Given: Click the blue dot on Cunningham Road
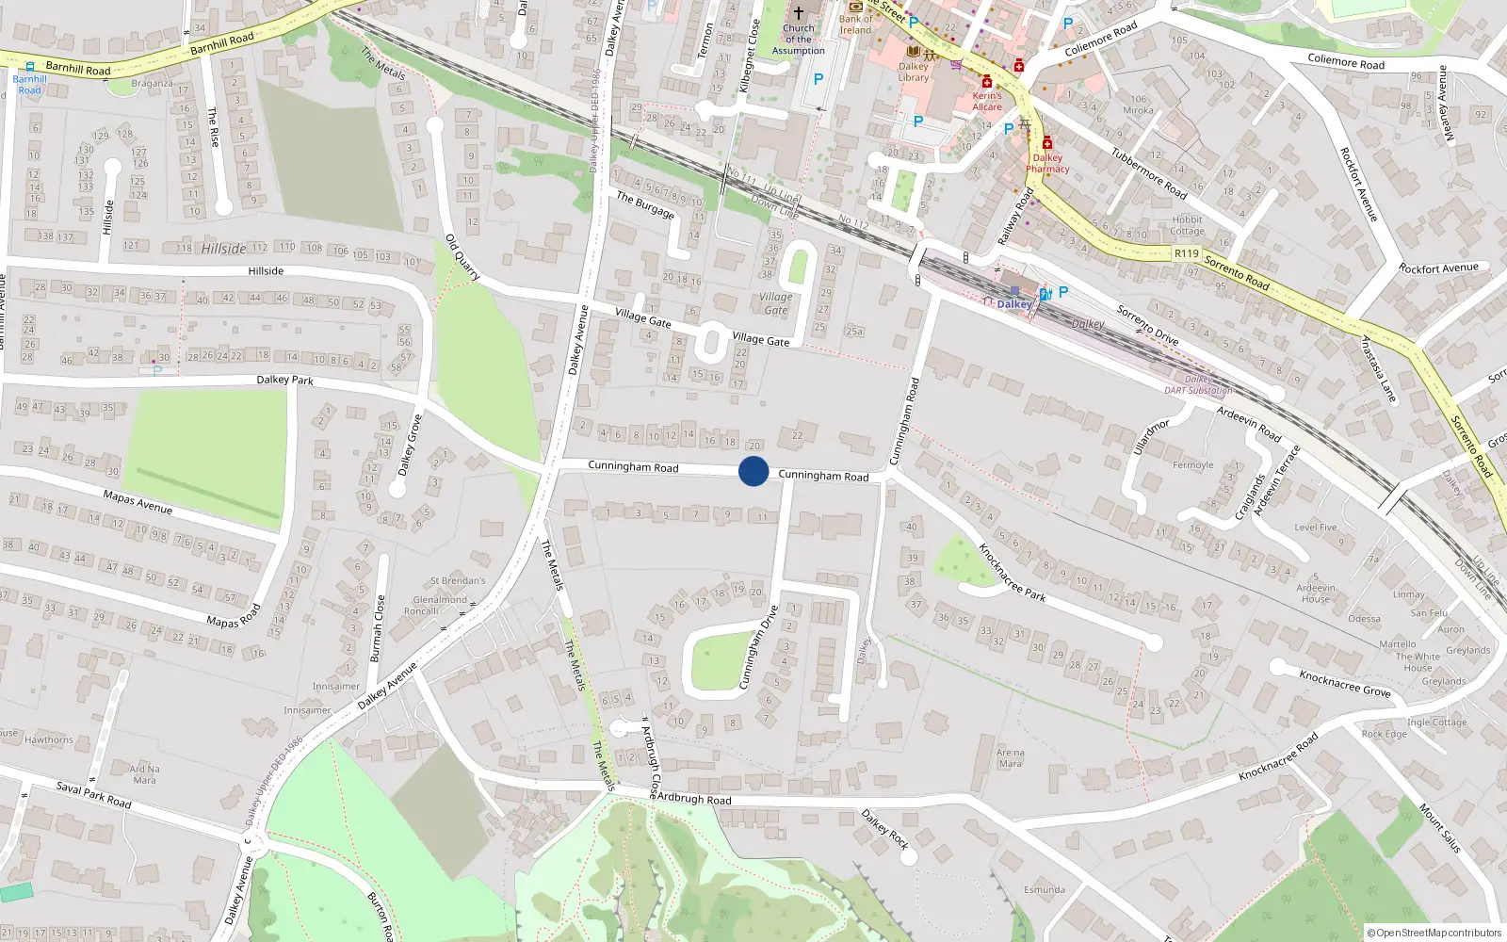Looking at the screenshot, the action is pyautogui.click(x=753, y=471).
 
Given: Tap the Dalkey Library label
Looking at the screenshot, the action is pyautogui.click(x=913, y=72).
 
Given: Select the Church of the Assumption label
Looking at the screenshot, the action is pyautogui.click(x=798, y=40).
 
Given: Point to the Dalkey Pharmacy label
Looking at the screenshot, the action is pyautogui.click(x=1047, y=163).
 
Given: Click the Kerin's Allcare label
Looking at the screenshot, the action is pyautogui.click(x=987, y=101).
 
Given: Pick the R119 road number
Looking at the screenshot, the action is pyautogui.click(x=1186, y=253).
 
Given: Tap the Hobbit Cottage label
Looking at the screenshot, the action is pyautogui.click(x=1187, y=225).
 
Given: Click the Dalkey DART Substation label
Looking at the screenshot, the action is pyautogui.click(x=1198, y=385).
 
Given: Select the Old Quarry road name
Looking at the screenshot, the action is pyautogui.click(x=462, y=257).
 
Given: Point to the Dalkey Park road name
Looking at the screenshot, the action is pyautogui.click(x=284, y=380).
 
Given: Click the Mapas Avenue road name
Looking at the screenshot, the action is pyautogui.click(x=138, y=502).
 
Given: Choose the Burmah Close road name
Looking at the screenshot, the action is pyautogui.click(x=378, y=627).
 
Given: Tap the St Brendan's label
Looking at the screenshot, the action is pyautogui.click(x=458, y=580).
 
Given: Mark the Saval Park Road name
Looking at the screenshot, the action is pyautogui.click(x=93, y=794).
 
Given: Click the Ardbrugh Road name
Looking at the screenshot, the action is pyautogui.click(x=693, y=799).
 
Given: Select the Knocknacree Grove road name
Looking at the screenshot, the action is pyautogui.click(x=1344, y=683).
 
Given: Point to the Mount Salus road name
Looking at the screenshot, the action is pyautogui.click(x=1439, y=828).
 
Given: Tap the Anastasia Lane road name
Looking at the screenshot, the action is pyautogui.click(x=1378, y=369).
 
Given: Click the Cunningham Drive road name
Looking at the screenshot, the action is pyautogui.click(x=758, y=647).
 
